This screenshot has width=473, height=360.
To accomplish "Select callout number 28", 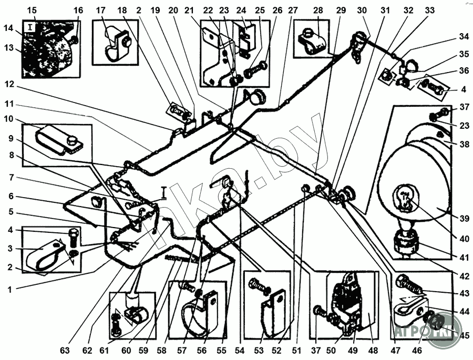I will (318, 11).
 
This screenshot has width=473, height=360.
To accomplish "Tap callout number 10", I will (11, 119).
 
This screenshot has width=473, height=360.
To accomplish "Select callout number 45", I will (463, 335).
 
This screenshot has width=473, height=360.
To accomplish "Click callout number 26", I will (277, 11).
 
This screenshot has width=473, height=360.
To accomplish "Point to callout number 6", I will (11, 196).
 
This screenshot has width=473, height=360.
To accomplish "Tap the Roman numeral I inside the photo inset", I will (32, 26).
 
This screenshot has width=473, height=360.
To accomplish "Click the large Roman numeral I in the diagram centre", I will (164, 192).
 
